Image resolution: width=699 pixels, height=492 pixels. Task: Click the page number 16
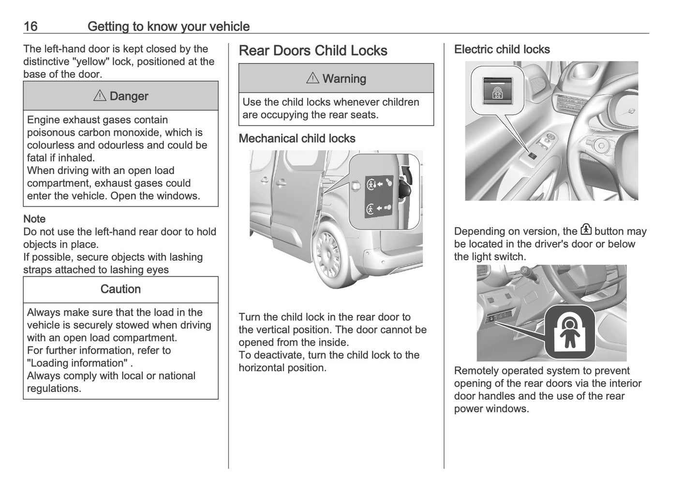tap(30, 26)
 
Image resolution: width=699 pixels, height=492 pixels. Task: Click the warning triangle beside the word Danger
tap(99, 96)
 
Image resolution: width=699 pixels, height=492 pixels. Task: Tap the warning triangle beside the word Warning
tap(312, 78)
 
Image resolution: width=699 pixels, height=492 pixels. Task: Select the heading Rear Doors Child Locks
tap(313, 51)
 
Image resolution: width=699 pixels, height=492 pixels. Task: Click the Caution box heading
tap(120, 289)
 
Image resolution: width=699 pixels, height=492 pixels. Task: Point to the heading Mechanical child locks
tap(297, 139)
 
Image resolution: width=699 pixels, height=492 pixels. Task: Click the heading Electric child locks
tap(502, 49)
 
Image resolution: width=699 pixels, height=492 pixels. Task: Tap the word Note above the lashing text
tap(34, 219)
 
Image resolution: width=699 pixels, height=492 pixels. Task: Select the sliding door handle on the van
tap(280, 183)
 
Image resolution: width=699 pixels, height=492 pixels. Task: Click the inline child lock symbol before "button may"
tap(586, 230)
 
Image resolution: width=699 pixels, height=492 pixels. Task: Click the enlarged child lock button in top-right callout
tap(497, 90)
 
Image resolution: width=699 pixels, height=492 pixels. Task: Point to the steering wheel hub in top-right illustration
tap(601, 145)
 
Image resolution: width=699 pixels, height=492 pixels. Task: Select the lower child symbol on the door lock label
tap(371, 209)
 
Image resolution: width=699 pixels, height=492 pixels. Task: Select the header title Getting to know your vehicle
tap(168, 26)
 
